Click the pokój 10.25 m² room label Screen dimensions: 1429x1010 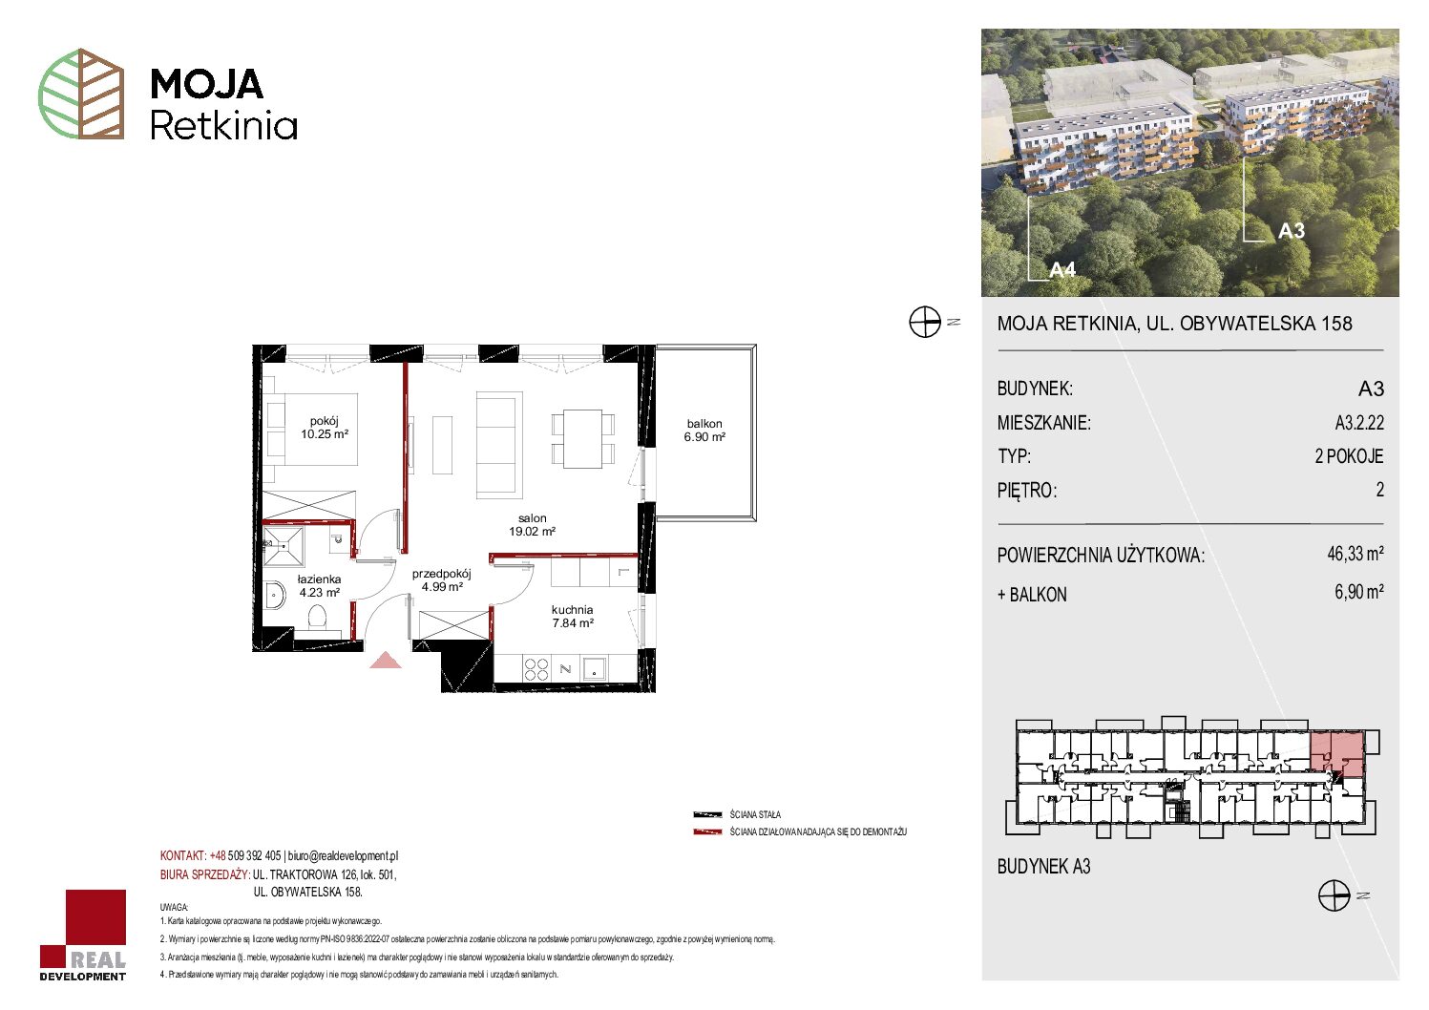coord(325,428)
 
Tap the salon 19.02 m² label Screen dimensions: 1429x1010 coord(532,525)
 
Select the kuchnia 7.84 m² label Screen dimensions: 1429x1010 coord(572,617)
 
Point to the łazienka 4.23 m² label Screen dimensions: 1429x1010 coord(319,586)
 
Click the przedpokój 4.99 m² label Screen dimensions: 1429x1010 coord(441,580)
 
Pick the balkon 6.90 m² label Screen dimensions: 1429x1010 coord(704,430)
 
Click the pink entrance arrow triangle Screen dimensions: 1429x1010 coord(386,660)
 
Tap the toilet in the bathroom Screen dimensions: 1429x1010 coord(317,618)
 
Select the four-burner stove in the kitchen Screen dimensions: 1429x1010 coord(536,669)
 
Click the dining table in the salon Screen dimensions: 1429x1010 coord(582,439)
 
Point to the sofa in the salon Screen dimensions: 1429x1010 coord(499,445)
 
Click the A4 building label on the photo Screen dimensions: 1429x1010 coord(1062,270)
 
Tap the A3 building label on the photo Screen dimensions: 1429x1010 coord(1292,231)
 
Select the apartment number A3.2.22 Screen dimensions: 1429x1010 coord(1359,422)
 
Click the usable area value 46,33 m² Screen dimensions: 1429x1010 coord(1355,553)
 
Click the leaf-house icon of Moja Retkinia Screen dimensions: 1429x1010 coord(81,94)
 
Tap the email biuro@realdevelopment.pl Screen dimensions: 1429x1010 coord(343,855)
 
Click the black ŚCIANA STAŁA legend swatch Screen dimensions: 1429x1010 coord(707,814)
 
